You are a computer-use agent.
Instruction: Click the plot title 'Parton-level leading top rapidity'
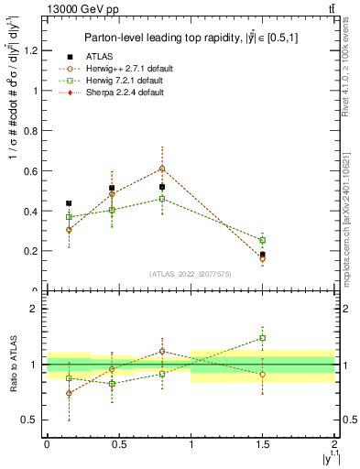tap(183, 38)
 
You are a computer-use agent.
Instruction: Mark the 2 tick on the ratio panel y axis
tap(37, 309)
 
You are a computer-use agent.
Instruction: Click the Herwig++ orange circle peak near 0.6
tap(162, 169)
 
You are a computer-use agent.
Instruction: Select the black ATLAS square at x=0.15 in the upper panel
tap(69, 203)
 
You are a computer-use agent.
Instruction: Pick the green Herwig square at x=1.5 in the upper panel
tap(263, 240)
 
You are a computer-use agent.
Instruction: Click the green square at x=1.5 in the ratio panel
tap(263, 338)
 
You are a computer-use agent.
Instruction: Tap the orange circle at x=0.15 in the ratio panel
tap(69, 393)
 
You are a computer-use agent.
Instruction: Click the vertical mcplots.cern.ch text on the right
tap(349, 220)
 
